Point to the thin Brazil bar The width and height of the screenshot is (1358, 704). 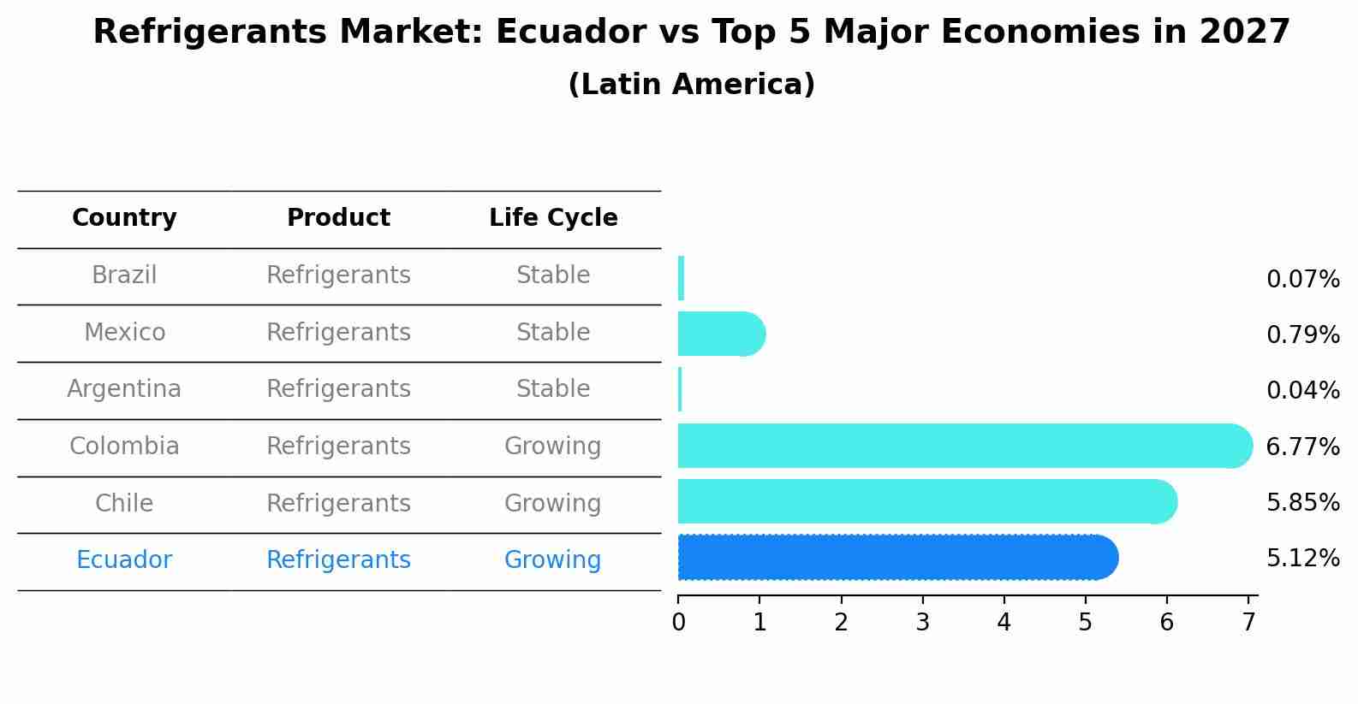click(681, 278)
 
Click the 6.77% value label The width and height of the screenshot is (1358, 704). click(1302, 447)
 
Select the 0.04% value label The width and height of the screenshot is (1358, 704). click(1302, 391)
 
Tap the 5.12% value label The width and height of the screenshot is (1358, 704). click(1302, 559)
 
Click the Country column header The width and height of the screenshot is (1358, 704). click(124, 218)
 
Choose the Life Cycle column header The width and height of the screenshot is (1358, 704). click(553, 218)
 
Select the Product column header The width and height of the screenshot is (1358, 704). click(338, 218)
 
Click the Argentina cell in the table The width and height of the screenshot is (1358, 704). click(124, 389)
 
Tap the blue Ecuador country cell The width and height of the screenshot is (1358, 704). click(124, 560)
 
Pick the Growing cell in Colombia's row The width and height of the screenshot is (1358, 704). click(552, 447)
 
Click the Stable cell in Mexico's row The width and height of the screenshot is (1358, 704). click(553, 332)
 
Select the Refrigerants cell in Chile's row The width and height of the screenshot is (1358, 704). click(338, 503)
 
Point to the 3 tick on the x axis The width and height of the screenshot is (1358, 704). click(922, 623)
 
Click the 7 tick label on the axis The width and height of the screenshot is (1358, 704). click(1248, 623)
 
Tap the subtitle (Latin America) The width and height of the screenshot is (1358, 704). click(691, 85)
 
